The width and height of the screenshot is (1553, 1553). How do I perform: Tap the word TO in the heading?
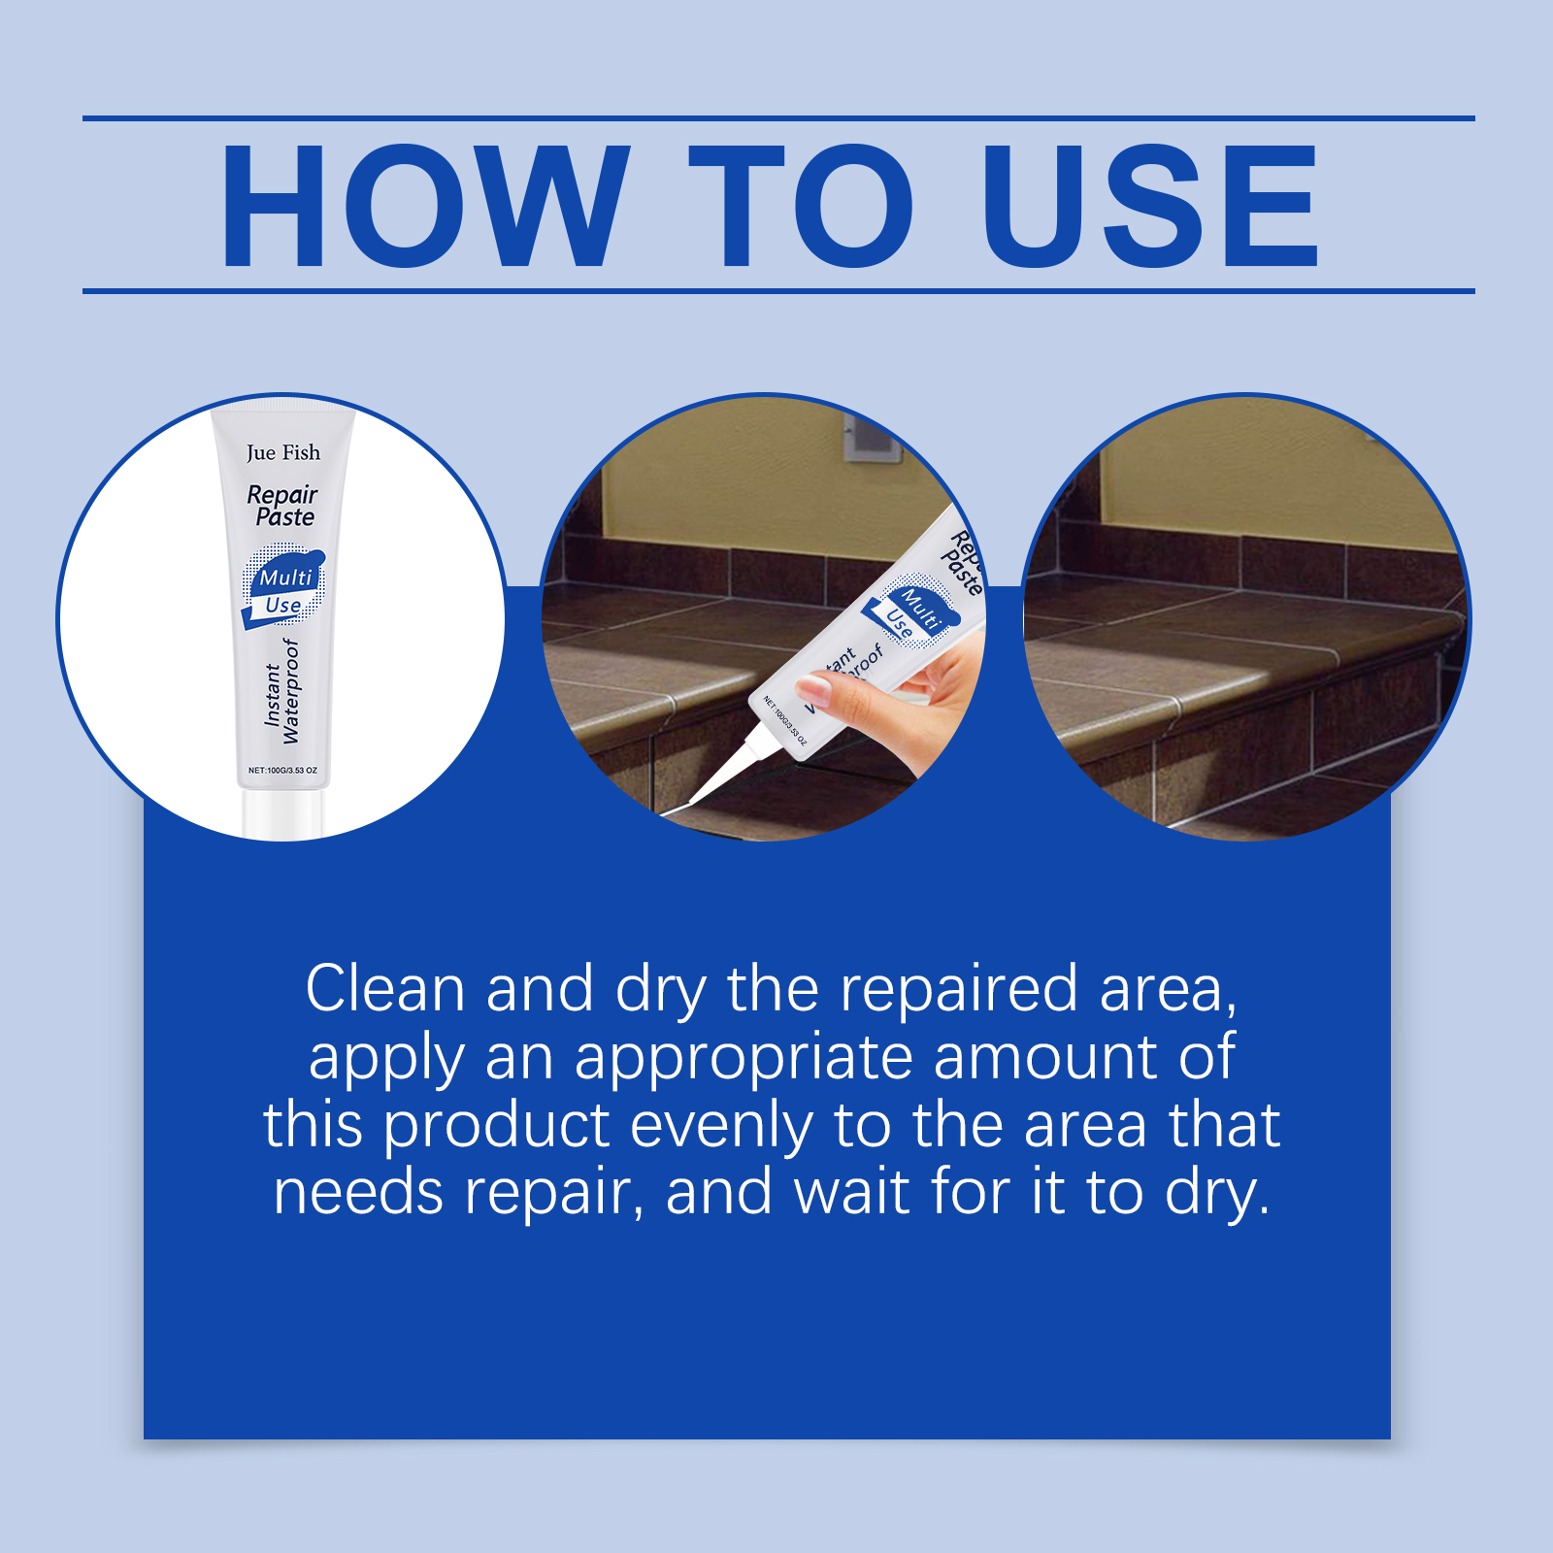click(802, 205)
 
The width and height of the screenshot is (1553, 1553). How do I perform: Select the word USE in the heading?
click(1150, 205)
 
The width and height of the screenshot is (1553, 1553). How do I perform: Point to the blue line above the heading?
click(778, 118)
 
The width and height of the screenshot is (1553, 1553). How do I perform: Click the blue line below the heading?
click(778, 290)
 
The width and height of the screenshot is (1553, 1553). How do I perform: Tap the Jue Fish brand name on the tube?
click(282, 452)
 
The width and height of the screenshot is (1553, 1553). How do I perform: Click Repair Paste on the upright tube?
click(282, 505)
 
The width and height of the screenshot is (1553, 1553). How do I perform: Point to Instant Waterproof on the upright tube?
click(282, 690)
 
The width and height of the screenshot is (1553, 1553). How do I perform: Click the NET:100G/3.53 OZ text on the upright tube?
click(282, 770)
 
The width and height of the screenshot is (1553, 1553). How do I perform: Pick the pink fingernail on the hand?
click(814, 689)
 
